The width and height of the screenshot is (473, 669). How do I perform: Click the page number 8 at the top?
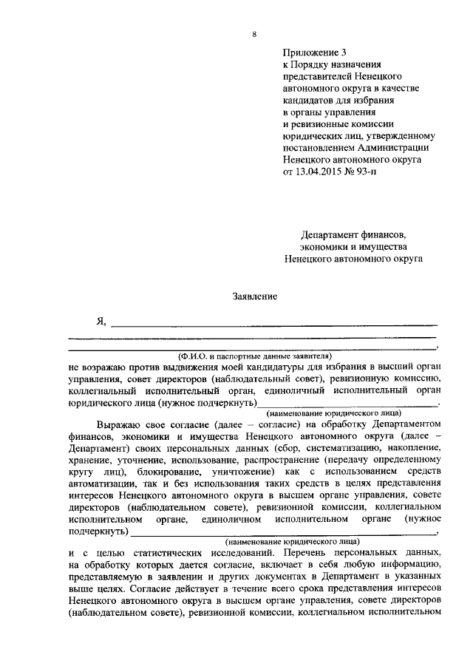(254, 35)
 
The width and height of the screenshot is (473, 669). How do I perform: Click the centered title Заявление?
(256, 296)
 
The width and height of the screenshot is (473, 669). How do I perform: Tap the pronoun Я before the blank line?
(101, 321)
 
